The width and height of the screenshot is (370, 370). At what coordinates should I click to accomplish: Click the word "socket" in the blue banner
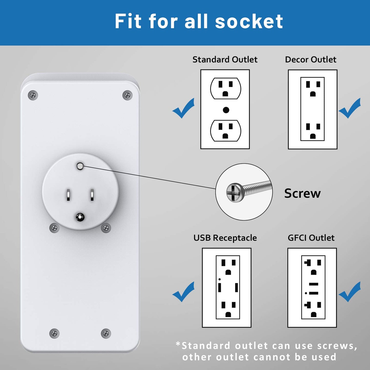(249, 21)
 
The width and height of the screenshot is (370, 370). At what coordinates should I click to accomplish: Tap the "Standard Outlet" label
(225, 59)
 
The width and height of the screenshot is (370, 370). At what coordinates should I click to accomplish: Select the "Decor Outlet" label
(310, 59)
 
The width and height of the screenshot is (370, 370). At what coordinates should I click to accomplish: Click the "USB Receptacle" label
(225, 238)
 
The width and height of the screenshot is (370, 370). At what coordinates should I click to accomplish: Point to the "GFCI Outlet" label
(311, 238)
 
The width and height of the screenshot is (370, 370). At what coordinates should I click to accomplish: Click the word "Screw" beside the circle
(302, 193)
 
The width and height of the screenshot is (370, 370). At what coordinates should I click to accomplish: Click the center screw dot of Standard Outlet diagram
(226, 110)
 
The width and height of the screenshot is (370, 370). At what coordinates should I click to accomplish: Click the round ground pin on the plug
(80, 217)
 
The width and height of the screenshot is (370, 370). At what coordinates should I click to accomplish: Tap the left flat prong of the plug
(68, 195)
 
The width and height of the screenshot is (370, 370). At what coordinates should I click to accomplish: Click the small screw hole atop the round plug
(80, 166)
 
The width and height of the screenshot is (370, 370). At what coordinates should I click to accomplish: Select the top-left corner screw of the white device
(33, 95)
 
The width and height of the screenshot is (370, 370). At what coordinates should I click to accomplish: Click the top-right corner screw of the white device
(127, 95)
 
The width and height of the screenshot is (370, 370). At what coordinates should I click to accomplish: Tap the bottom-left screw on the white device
(54, 333)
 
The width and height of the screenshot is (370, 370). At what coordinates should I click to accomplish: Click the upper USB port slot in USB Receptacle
(220, 287)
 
